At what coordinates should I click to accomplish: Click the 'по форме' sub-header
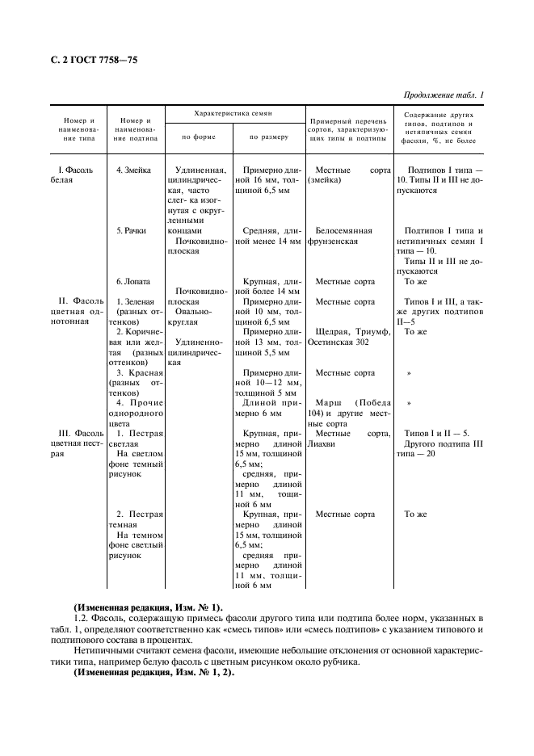pyautogui.click(x=198, y=136)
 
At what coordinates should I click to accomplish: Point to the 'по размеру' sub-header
pyautogui.click(x=268, y=136)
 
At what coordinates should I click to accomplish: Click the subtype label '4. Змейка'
pyautogui.click(x=130, y=171)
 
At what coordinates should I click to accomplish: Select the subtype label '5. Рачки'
pyautogui.click(x=130, y=231)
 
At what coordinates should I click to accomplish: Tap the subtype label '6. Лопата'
pyautogui.click(x=132, y=281)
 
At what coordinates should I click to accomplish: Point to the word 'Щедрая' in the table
pyautogui.click(x=333, y=332)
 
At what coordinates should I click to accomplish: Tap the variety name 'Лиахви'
pyautogui.click(x=322, y=443)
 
